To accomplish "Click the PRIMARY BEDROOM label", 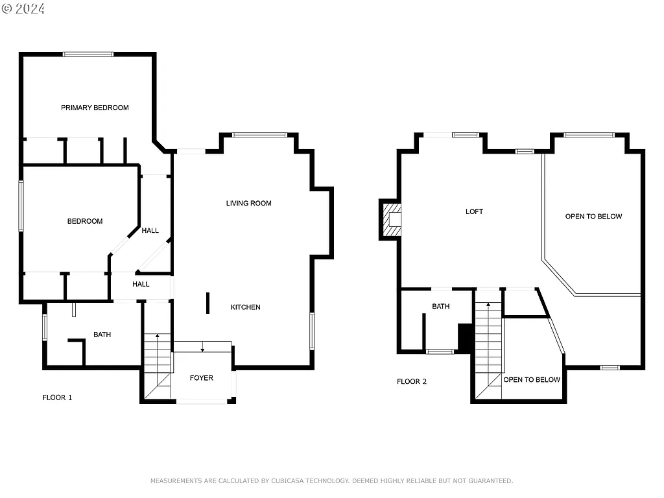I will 95,108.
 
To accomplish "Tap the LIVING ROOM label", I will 248,203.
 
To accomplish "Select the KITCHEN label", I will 246,307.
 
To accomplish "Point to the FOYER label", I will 201,378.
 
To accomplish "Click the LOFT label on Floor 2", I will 474,211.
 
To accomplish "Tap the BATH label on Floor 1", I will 102,335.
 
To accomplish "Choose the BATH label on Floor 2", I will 441,307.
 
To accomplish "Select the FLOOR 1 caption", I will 57,397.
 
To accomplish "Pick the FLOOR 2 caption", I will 412,381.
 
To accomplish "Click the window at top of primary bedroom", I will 88,54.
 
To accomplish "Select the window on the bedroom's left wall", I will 21,206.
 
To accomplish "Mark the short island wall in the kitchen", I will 208,303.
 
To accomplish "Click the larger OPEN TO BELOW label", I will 593,217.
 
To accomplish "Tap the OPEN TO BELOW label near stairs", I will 532,379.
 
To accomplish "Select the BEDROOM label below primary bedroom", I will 85,221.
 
